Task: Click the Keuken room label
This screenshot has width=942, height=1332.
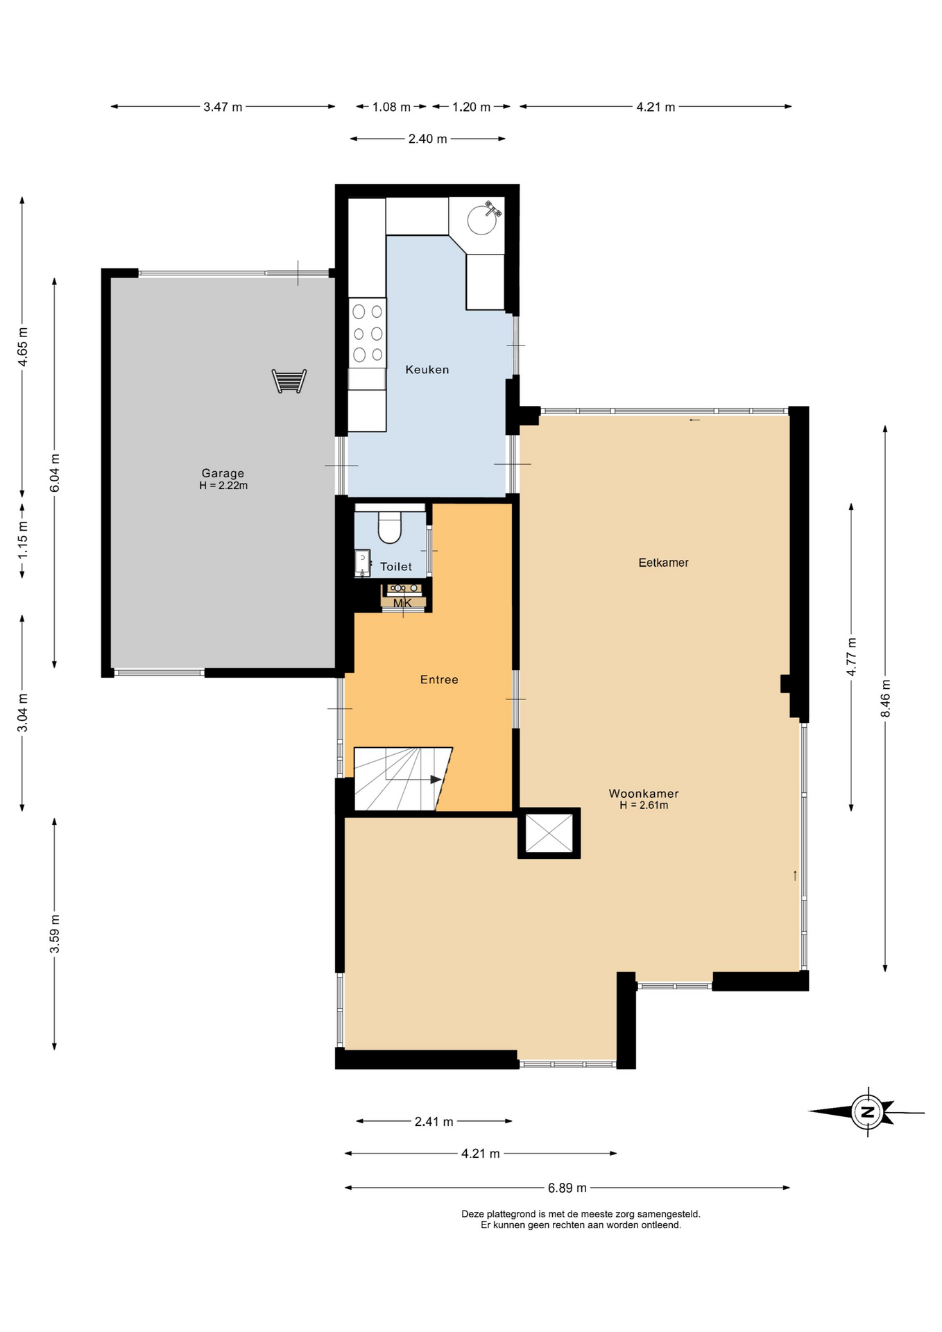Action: (427, 370)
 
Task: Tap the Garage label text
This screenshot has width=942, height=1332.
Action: (223, 473)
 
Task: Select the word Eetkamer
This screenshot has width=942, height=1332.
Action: (663, 563)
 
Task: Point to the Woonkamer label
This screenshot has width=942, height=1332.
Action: (644, 794)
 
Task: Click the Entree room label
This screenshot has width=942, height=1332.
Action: (439, 680)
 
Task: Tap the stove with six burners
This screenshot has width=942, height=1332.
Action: (368, 333)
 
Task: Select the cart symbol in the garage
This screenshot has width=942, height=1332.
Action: (289, 382)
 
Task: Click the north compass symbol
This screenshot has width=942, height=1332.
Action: (867, 1112)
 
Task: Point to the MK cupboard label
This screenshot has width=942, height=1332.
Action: (402, 604)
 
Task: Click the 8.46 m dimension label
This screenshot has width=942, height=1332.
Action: (885, 699)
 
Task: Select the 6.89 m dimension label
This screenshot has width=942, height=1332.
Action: (567, 1188)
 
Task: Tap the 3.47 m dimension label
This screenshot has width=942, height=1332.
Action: (223, 107)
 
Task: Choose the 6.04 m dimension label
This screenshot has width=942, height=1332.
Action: (55, 472)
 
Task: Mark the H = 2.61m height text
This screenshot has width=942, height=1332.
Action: (644, 805)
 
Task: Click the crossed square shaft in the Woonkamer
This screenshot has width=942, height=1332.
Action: (549, 833)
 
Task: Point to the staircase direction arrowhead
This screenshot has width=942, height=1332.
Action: (436, 780)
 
